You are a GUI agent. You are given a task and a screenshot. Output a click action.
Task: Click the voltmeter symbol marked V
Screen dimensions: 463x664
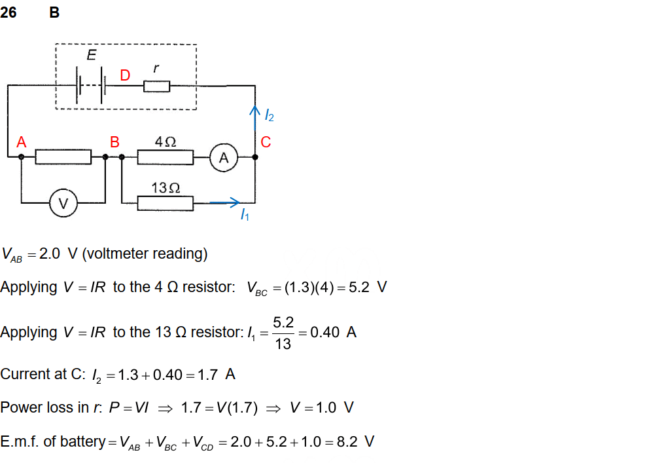pyautogui.click(x=63, y=204)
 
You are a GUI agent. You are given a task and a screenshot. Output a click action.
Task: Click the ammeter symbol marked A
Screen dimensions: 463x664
pyautogui.click(x=224, y=157)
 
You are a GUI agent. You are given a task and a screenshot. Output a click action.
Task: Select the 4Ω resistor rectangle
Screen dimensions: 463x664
pyautogui.click(x=166, y=157)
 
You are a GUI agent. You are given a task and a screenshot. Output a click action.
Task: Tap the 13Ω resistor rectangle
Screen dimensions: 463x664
pyautogui.click(x=166, y=204)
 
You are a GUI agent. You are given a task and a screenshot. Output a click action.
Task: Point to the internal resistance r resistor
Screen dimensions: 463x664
pyautogui.click(x=156, y=86)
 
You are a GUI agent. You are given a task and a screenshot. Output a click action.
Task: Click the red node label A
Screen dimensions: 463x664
pyautogui.click(x=22, y=142)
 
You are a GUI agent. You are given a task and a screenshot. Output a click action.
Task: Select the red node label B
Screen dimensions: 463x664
pyautogui.click(x=114, y=142)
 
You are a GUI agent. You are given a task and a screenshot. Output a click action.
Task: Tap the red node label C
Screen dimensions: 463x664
pyautogui.click(x=265, y=142)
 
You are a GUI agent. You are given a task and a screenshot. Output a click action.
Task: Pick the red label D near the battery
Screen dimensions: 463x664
pyautogui.click(x=125, y=76)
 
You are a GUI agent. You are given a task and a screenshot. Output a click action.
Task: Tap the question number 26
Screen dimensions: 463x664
pyautogui.click(x=9, y=12)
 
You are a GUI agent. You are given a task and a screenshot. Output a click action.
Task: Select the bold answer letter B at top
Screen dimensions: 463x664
pyautogui.click(x=54, y=12)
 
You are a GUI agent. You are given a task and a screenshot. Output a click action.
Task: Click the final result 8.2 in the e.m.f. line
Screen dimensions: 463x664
pyautogui.click(x=347, y=441)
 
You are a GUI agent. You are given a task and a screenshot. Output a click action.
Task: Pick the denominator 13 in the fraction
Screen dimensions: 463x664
pyautogui.click(x=283, y=344)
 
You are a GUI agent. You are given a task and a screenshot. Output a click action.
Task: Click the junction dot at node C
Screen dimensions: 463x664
pyautogui.click(x=255, y=157)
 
